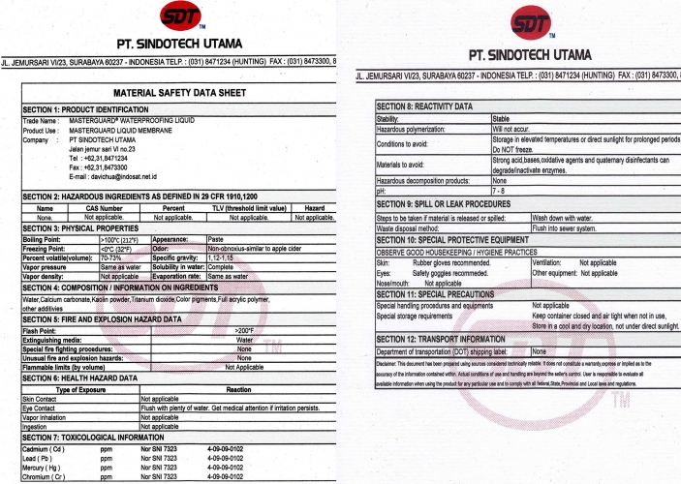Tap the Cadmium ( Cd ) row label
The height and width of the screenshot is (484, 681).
(44, 451)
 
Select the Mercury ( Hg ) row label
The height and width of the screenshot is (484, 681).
(44, 469)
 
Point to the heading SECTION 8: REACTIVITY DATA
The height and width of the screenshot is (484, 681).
(424, 106)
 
